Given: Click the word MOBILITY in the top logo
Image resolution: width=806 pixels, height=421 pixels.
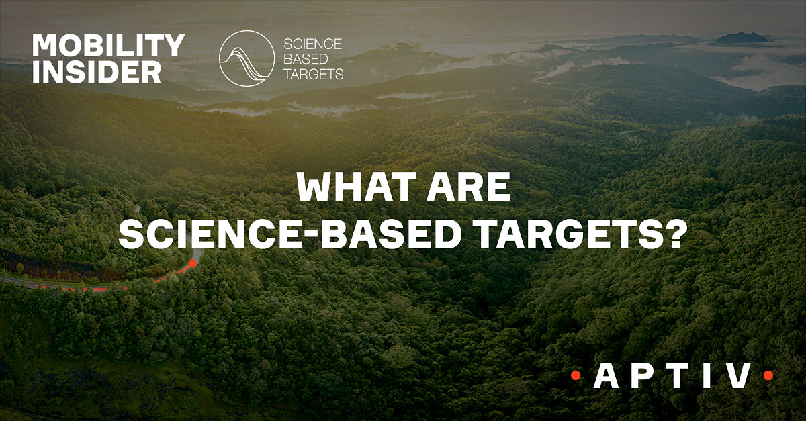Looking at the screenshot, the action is click(108, 46).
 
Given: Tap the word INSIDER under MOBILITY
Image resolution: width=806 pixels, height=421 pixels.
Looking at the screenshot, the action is click(97, 72).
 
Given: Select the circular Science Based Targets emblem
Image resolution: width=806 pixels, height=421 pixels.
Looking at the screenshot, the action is click(247, 58).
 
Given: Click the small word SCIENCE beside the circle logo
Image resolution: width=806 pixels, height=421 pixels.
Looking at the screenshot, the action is click(313, 44).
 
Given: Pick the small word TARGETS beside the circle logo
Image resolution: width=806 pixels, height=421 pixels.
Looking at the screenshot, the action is click(314, 74).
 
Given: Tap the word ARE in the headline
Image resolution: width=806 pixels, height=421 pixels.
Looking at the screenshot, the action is click(469, 187).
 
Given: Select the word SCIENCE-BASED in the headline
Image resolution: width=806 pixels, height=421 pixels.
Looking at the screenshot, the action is click(290, 234).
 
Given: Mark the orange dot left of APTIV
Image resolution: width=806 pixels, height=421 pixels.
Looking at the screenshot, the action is click(576, 375).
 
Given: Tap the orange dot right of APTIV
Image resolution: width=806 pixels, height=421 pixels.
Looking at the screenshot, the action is click(768, 375).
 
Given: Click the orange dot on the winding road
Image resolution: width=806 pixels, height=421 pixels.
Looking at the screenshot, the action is click(193, 263).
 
